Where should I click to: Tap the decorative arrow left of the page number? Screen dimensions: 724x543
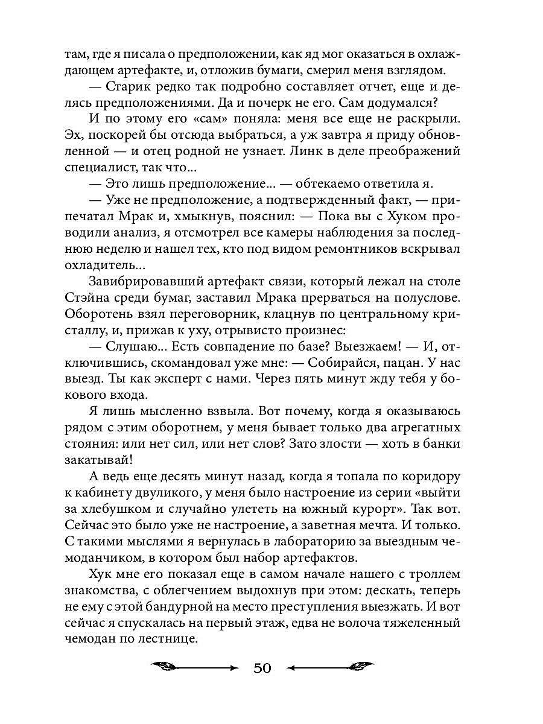[x=195, y=667]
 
